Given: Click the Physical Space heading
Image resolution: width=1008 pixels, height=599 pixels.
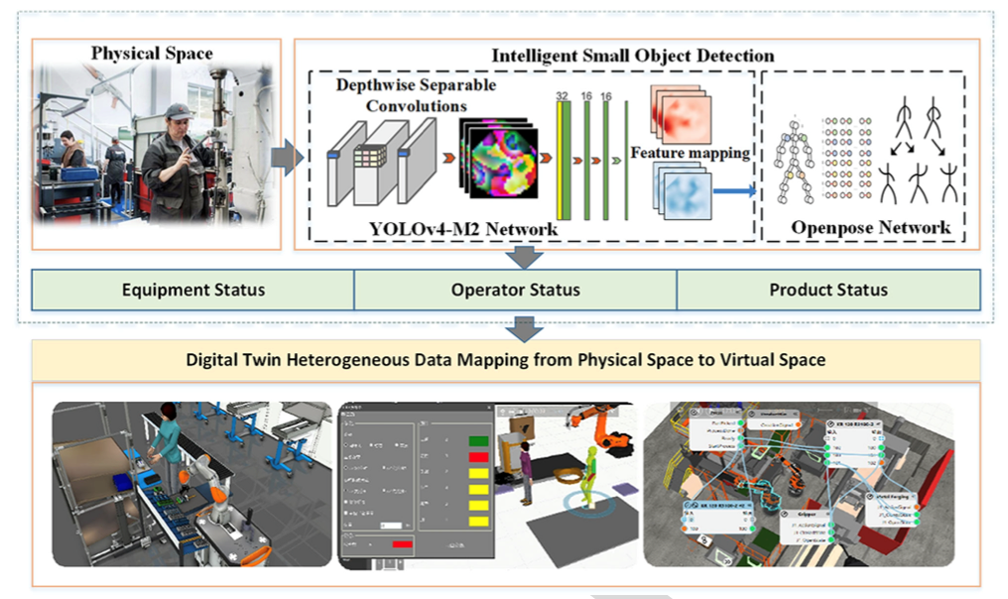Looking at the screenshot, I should click(x=152, y=53).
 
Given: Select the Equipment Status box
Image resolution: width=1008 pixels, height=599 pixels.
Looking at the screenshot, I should click(x=193, y=290).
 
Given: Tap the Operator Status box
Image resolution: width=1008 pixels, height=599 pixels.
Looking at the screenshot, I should click(x=515, y=290).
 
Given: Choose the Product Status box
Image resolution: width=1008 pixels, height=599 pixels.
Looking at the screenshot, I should click(x=828, y=290).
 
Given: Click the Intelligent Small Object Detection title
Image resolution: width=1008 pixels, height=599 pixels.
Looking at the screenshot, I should click(x=633, y=56).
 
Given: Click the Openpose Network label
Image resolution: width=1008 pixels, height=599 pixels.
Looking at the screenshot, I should click(x=870, y=228).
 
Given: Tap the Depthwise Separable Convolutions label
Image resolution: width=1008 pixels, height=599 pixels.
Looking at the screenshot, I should click(x=416, y=95).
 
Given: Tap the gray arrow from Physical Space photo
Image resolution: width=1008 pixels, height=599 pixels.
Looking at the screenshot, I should click(x=289, y=157).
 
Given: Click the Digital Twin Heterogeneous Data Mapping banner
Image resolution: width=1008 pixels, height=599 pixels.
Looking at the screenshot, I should click(x=506, y=360).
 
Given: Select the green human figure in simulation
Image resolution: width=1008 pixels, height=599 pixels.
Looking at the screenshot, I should click(x=590, y=475).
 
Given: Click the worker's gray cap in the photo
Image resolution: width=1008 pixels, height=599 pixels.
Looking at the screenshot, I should click(x=179, y=110).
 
